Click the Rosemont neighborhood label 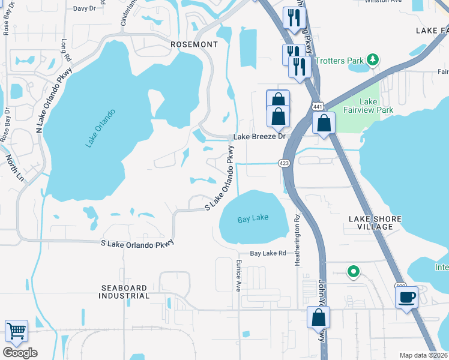[194, 44]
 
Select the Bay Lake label [253, 219]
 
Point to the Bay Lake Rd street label [268, 254]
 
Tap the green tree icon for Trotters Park [373, 59]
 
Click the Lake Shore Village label [375, 223]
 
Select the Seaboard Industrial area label [125, 292]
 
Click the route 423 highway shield [285, 163]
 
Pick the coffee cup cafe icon [407, 297]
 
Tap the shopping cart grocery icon [16, 331]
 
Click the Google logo [20, 352]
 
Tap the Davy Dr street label [84, 8]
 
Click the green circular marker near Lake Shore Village [354, 271]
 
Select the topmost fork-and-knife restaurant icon [293, 17]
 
